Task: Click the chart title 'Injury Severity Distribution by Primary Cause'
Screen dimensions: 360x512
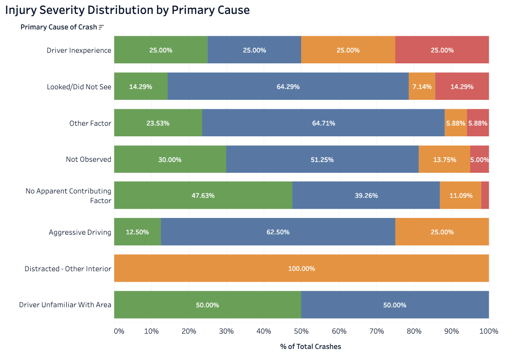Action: click(x=127, y=10)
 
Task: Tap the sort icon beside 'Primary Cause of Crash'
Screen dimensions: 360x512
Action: click(x=101, y=27)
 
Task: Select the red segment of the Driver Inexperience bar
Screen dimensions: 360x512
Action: click(x=442, y=50)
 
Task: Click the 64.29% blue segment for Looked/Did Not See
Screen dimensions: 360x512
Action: click(x=288, y=86)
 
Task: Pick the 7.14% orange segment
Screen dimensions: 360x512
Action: click(x=422, y=86)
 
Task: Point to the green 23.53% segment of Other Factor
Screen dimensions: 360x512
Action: click(x=158, y=123)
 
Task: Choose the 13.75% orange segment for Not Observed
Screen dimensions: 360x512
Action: click(x=444, y=159)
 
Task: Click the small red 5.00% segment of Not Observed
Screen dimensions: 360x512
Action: click(x=479, y=159)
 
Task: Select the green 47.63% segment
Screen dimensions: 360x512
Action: click(x=203, y=195)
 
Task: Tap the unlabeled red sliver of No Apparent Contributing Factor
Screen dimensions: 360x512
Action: click(x=485, y=195)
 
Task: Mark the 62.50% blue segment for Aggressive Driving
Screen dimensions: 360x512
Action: click(x=278, y=232)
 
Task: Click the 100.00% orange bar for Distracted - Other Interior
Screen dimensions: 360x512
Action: click(x=301, y=268)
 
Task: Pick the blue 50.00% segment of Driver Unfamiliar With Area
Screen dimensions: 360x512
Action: click(x=395, y=305)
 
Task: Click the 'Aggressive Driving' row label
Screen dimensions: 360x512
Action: click(x=80, y=232)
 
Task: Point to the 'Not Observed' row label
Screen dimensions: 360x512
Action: click(x=88, y=159)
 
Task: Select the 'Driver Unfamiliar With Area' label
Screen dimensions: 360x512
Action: click(x=65, y=305)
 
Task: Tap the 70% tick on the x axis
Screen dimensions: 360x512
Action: click(x=339, y=331)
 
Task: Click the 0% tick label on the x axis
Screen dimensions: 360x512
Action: click(x=119, y=331)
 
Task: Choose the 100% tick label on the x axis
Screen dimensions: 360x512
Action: click(x=489, y=331)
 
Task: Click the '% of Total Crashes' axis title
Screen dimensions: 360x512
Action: click(x=310, y=347)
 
